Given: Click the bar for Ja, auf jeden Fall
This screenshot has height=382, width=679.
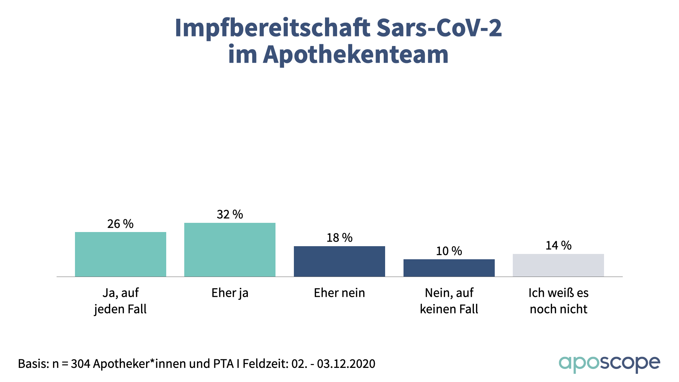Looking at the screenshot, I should (120, 254).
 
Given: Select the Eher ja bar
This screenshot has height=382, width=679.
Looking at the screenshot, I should (230, 250).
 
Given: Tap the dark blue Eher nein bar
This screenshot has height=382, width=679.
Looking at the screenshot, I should (339, 261).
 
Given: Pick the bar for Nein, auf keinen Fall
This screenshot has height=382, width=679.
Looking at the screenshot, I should (449, 268).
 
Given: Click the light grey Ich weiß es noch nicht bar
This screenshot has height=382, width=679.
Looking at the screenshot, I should (558, 265).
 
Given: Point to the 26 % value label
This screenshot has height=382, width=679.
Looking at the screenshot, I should (120, 224).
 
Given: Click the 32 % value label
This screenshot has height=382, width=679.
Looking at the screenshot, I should (230, 214).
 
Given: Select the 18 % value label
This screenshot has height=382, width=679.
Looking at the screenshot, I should (339, 238).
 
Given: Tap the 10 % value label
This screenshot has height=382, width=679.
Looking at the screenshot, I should (449, 251).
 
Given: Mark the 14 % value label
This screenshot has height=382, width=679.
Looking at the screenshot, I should (558, 245).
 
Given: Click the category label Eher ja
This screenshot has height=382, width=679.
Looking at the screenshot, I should (230, 293).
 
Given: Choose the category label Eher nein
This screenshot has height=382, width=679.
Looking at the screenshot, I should (339, 293).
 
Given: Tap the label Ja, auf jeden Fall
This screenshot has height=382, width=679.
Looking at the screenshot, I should (120, 301).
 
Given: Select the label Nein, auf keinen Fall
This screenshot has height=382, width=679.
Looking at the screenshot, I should (449, 301).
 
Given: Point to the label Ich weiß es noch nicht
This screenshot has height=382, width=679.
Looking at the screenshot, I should (558, 301).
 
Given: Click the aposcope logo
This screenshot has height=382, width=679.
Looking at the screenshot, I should (609, 364).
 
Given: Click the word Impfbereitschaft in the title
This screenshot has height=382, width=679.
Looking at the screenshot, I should (273, 28).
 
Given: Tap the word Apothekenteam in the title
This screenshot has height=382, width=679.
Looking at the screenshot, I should (356, 54).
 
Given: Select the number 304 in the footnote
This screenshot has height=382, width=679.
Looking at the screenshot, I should (80, 364).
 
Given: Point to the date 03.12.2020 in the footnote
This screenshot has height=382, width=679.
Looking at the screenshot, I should (346, 364).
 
